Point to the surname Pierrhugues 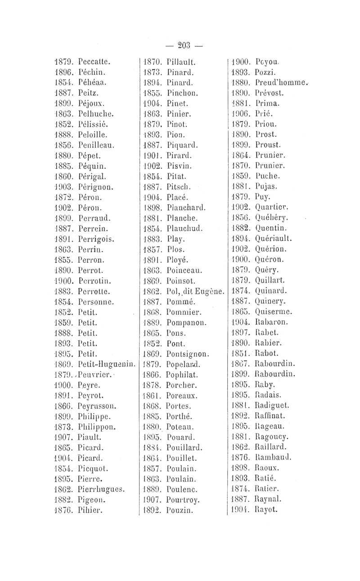(102, 489)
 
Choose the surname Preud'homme (280, 82)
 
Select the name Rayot (265, 510)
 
